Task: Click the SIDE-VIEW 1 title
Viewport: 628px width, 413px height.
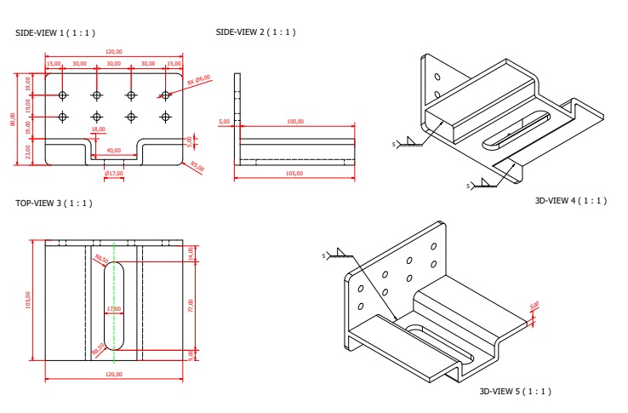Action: click(55, 32)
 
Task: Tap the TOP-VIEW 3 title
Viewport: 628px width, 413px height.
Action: click(54, 204)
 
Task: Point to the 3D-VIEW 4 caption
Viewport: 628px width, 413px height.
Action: click(569, 200)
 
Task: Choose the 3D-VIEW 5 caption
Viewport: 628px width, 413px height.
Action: click(515, 391)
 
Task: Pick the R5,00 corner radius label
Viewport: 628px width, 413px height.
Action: click(197, 168)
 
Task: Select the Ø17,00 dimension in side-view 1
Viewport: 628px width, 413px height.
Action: click(113, 174)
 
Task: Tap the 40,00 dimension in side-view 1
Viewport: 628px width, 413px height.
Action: click(113, 151)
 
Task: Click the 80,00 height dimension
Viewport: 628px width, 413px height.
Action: click(13, 119)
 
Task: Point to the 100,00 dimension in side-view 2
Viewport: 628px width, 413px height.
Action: click(295, 122)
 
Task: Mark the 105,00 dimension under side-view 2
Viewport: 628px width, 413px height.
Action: click(295, 174)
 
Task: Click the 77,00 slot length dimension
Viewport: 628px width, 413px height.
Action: click(191, 302)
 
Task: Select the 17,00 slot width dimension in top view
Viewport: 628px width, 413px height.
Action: click(113, 308)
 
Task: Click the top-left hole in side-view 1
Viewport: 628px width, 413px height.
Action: click(62, 95)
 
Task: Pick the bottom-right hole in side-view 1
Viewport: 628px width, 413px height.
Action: click(164, 116)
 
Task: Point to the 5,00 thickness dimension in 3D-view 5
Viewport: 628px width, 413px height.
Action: click(534, 306)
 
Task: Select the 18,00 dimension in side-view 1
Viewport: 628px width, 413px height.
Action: click(98, 129)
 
